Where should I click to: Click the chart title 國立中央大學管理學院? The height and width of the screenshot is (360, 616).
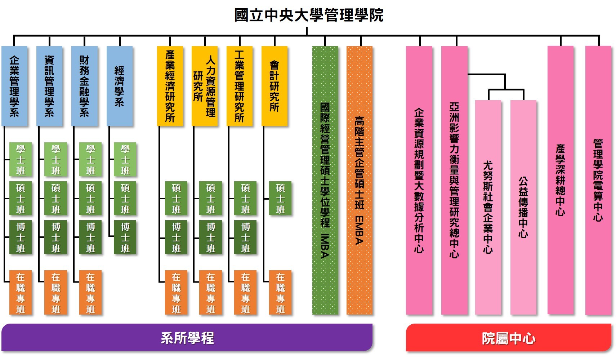tap(309, 15)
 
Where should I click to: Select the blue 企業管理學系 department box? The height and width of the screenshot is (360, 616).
tap(14, 86)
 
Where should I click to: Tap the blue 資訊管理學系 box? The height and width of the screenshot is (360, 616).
tap(49, 86)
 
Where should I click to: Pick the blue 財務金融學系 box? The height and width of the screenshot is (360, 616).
tap(84, 86)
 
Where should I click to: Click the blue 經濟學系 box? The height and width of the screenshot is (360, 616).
tap(120, 86)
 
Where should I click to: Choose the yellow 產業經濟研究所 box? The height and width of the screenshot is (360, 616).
tap(170, 86)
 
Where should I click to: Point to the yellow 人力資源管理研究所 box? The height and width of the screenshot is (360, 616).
tap(205, 86)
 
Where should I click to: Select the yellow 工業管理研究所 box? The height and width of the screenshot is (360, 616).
tap(239, 86)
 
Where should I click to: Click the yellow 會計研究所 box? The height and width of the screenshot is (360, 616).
tap(274, 86)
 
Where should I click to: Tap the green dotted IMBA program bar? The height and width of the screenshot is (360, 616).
tap(325, 180)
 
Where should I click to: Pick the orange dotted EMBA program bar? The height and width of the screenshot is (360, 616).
tap(359, 180)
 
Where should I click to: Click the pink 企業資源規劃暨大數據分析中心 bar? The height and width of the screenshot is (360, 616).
tap(419, 180)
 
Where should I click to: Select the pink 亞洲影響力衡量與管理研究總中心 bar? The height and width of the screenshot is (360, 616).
tap(454, 180)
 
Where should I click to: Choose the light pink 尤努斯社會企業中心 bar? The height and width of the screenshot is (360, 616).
tap(488, 207)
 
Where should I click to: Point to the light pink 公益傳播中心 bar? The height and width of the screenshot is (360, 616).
tap(523, 207)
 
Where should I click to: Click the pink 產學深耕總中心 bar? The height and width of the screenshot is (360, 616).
tap(560, 180)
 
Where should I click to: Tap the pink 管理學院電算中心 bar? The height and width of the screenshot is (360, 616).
tap(598, 180)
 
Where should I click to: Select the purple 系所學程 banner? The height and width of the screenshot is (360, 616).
tap(187, 338)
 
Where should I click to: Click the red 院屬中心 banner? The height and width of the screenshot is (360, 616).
tap(508, 338)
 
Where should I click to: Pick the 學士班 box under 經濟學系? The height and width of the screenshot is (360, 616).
tap(125, 160)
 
